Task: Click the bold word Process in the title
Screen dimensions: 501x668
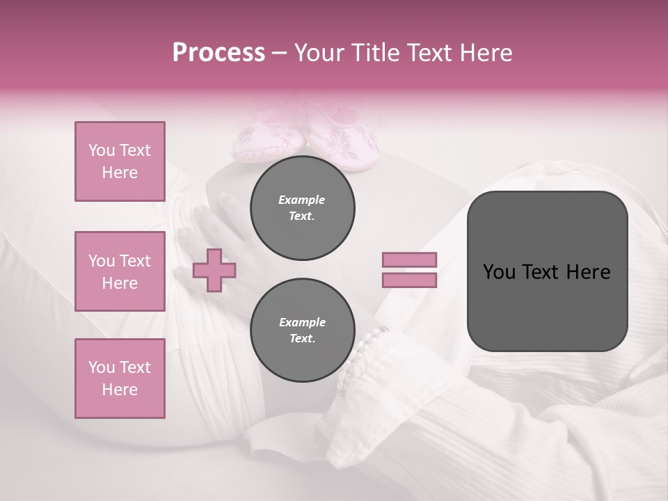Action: click(x=218, y=53)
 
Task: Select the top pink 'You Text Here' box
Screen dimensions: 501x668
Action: click(x=120, y=161)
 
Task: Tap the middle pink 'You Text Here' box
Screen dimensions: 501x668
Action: click(x=120, y=271)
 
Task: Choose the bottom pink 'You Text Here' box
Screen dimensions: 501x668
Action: click(x=120, y=379)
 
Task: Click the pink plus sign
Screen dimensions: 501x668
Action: click(x=214, y=270)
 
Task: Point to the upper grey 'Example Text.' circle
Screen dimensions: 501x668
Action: click(x=302, y=208)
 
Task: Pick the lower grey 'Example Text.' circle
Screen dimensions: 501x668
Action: click(x=302, y=331)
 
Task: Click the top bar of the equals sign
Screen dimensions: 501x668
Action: click(x=409, y=260)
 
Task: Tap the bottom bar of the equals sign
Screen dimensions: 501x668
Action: click(x=409, y=280)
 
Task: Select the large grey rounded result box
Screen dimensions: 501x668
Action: click(x=547, y=271)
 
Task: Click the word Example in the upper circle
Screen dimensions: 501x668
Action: click(x=302, y=200)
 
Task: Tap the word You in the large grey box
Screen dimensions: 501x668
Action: click(x=499, y=272)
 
